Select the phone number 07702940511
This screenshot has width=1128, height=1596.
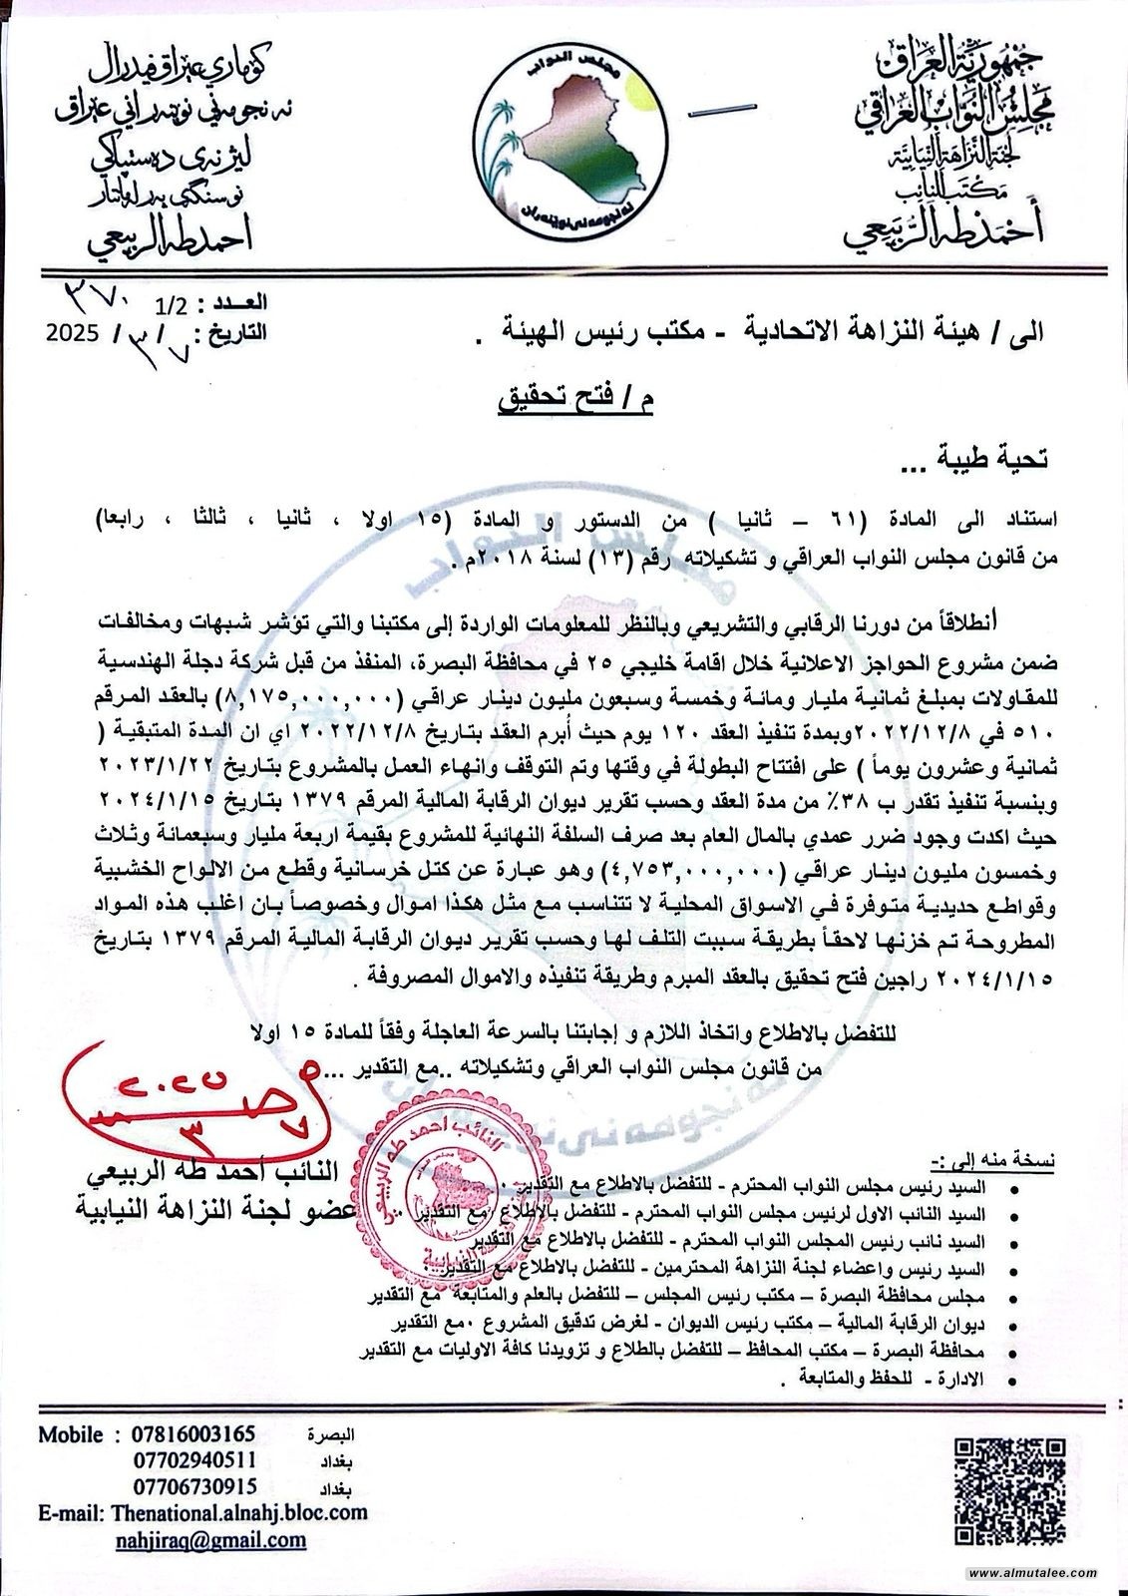click(x=193, y=1460)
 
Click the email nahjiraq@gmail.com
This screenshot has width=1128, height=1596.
click(x=224, y=1539)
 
